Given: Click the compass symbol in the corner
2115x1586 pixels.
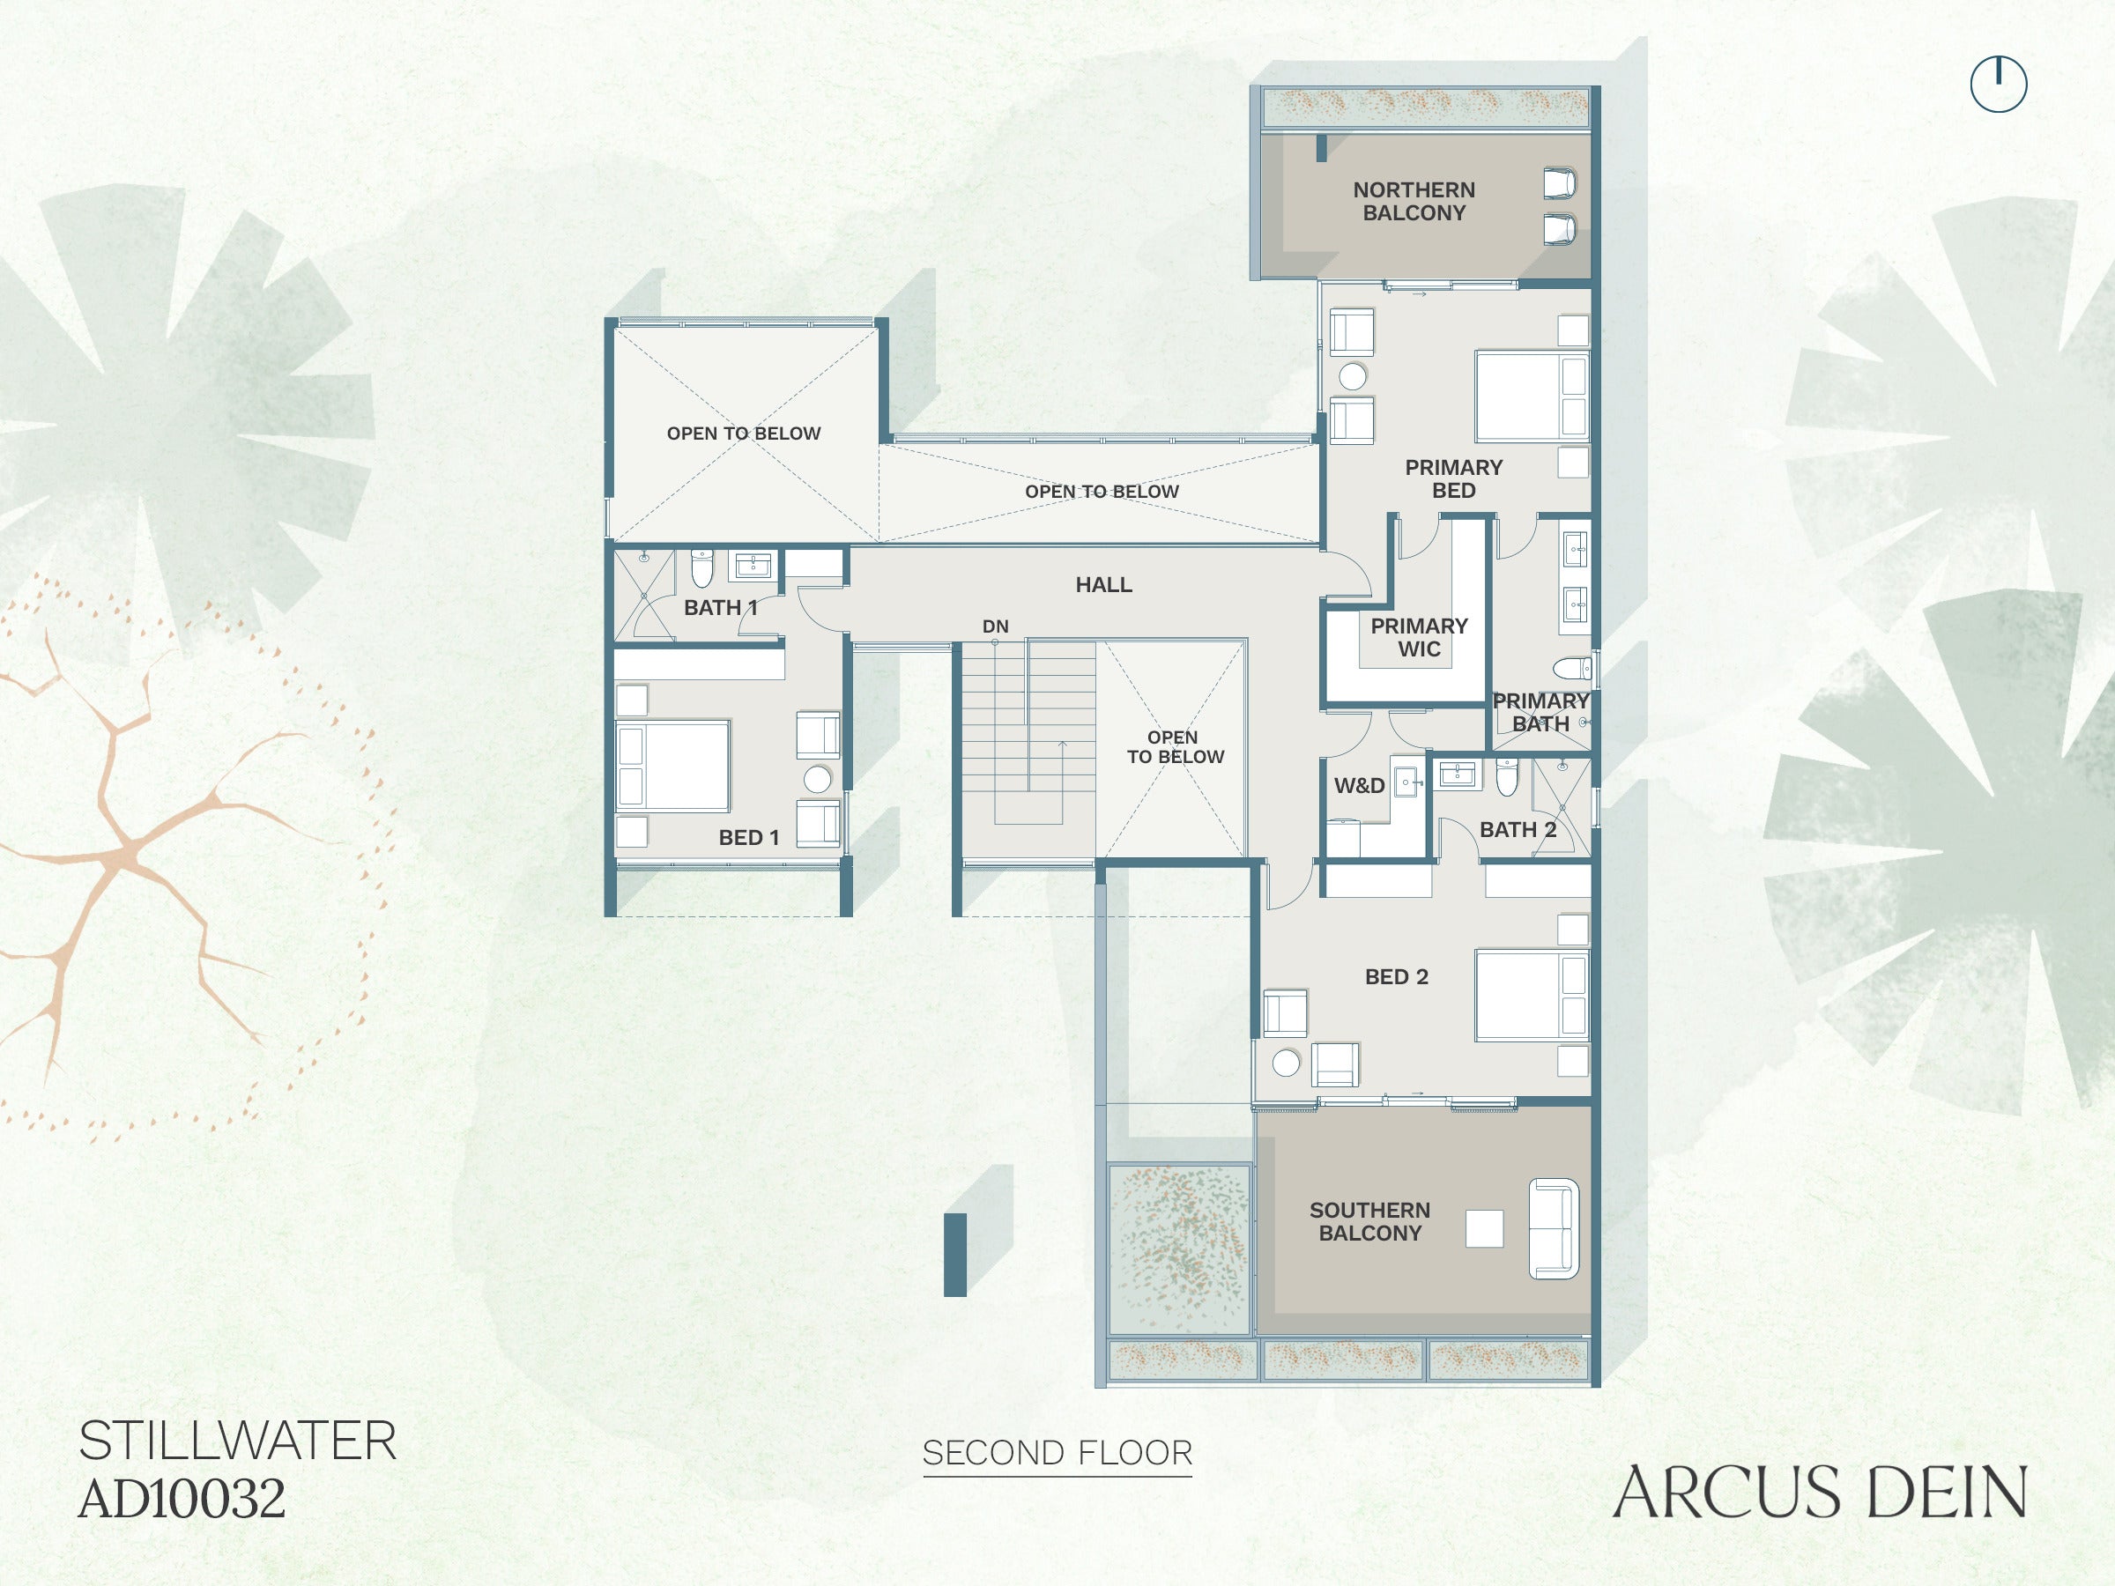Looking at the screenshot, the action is pyautogui.click(x=1999, y=84).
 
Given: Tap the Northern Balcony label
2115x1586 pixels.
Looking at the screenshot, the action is pyautogui.click(x=1414, y=202).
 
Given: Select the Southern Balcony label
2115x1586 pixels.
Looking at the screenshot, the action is pyautogui.click(x=1370, y=1222).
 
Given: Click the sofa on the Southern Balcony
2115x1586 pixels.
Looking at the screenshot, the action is pyautogui.click(x=1554, y=1228).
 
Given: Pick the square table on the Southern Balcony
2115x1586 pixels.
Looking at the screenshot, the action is pyautogui.click(x=1484, y=1228).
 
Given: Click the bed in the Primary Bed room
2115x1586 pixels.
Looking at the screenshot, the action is pyautogui.click(x=1532, y=396).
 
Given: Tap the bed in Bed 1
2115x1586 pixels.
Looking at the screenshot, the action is pyautogui.click(x=672, y=767).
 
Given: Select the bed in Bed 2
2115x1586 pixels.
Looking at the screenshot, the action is pyautogui.click(x=1532, y=994).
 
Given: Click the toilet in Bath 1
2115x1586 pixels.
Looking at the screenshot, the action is pyautogui.click(x=701, y=567).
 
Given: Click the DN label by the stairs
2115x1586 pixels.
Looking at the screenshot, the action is pyautogui.click(x=995, y=626).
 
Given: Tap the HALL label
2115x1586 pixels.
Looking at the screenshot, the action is pyautogui.click(x=1103, y=584).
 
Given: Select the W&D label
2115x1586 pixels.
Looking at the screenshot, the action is pyautogui.click(x=1360, y=786).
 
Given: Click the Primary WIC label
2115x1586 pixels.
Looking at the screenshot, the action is pyautogui.click(x=1419, y=638).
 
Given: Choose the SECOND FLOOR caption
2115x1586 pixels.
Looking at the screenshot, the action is pyautogui.click(x=1057, y=1453).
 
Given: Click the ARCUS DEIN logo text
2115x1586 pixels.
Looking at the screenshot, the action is pyautogui.click(x=1820, y=1493).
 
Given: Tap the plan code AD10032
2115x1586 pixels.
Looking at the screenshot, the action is pyautogui.click(x=182, y=1499).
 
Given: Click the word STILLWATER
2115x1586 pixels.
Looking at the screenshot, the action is pyautogui.click(x=237, y=1441).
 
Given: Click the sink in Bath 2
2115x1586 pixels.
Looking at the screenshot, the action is pyautogui.click(x=1456, y=774).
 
